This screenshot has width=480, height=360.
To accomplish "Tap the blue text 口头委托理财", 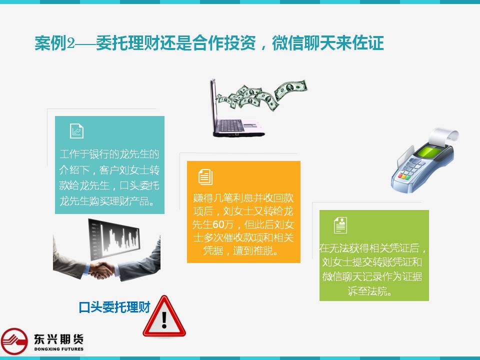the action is point(114,307).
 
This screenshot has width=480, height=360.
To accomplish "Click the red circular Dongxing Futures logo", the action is point(14,341).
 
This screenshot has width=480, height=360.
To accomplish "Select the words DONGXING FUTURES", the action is point(59,349).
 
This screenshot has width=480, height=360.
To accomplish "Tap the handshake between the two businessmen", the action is point(101,270).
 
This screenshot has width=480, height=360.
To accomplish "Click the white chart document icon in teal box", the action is point(76,131).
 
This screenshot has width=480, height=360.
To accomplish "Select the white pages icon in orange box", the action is point(205,176).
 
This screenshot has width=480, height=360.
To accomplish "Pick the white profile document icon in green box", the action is point(340,225).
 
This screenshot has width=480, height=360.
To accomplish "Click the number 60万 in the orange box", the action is point(223,224).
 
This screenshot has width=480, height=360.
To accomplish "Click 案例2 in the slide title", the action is point(55,43).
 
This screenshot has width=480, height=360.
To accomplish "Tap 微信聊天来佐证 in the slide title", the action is point(328,43).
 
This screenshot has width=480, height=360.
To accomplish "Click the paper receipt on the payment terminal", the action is point(444,136).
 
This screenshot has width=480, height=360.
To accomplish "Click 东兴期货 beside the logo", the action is point(58,339).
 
